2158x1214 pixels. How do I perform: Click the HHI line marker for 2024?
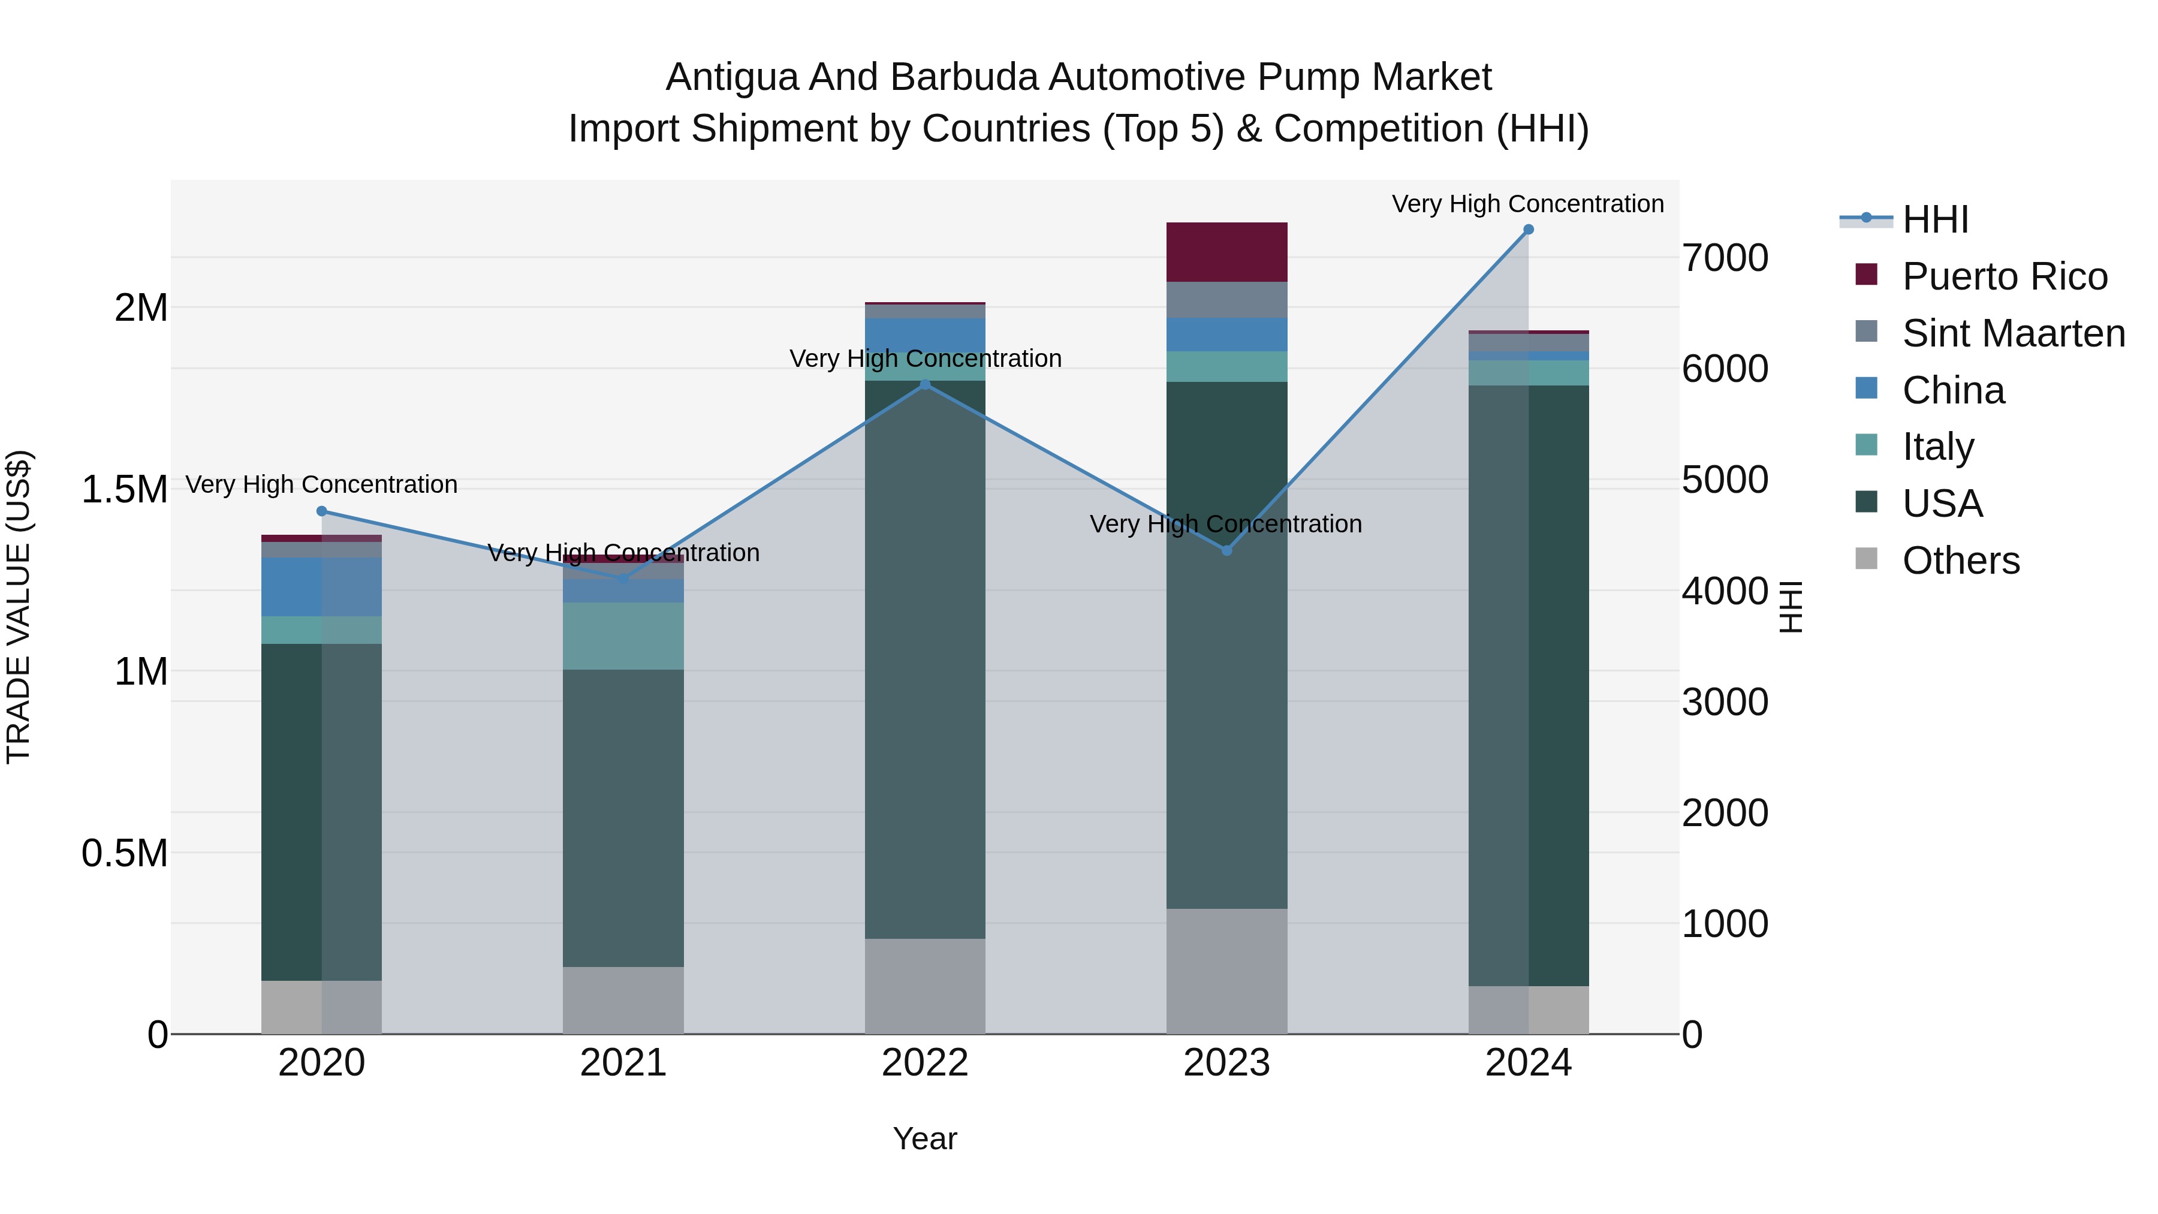(x=1528, y=230)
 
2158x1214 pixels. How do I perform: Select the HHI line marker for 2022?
(x=925, y=384)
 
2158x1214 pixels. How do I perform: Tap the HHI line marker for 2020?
(x=322, y=511)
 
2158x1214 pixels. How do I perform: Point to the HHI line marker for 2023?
(x=1226, y=550)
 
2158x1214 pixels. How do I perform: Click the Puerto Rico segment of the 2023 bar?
(x=1226, y=252)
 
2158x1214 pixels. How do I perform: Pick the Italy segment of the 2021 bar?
(x=623, y=636)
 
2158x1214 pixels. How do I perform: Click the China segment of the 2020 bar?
(x=322, y=586)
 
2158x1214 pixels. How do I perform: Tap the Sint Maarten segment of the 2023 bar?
(x=1226, y=300)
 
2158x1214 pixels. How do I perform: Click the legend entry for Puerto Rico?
(x=2004, y=276)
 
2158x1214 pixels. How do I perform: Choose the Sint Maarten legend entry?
(x=2013, y=333)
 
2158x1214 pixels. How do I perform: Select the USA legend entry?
(x=1942, y=504)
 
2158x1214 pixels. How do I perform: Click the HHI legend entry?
(x=1935, y=219)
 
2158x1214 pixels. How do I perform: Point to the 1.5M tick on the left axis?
(x=125, y=489)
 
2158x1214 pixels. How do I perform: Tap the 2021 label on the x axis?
(x=623, y=1063)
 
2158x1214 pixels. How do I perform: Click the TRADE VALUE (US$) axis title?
(x=19, y=607)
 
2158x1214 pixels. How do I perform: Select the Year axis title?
(x=925, y=1138)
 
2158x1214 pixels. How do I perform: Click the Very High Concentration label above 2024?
(x=1527, y=204)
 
